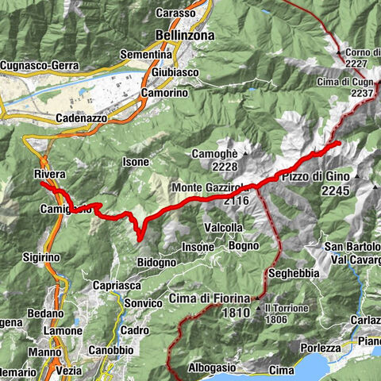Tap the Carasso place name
click(x=175, y=13)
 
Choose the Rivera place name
click(x=49, y=173)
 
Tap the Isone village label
click(x=135, y=162)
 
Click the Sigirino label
click(x=40, y=257)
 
